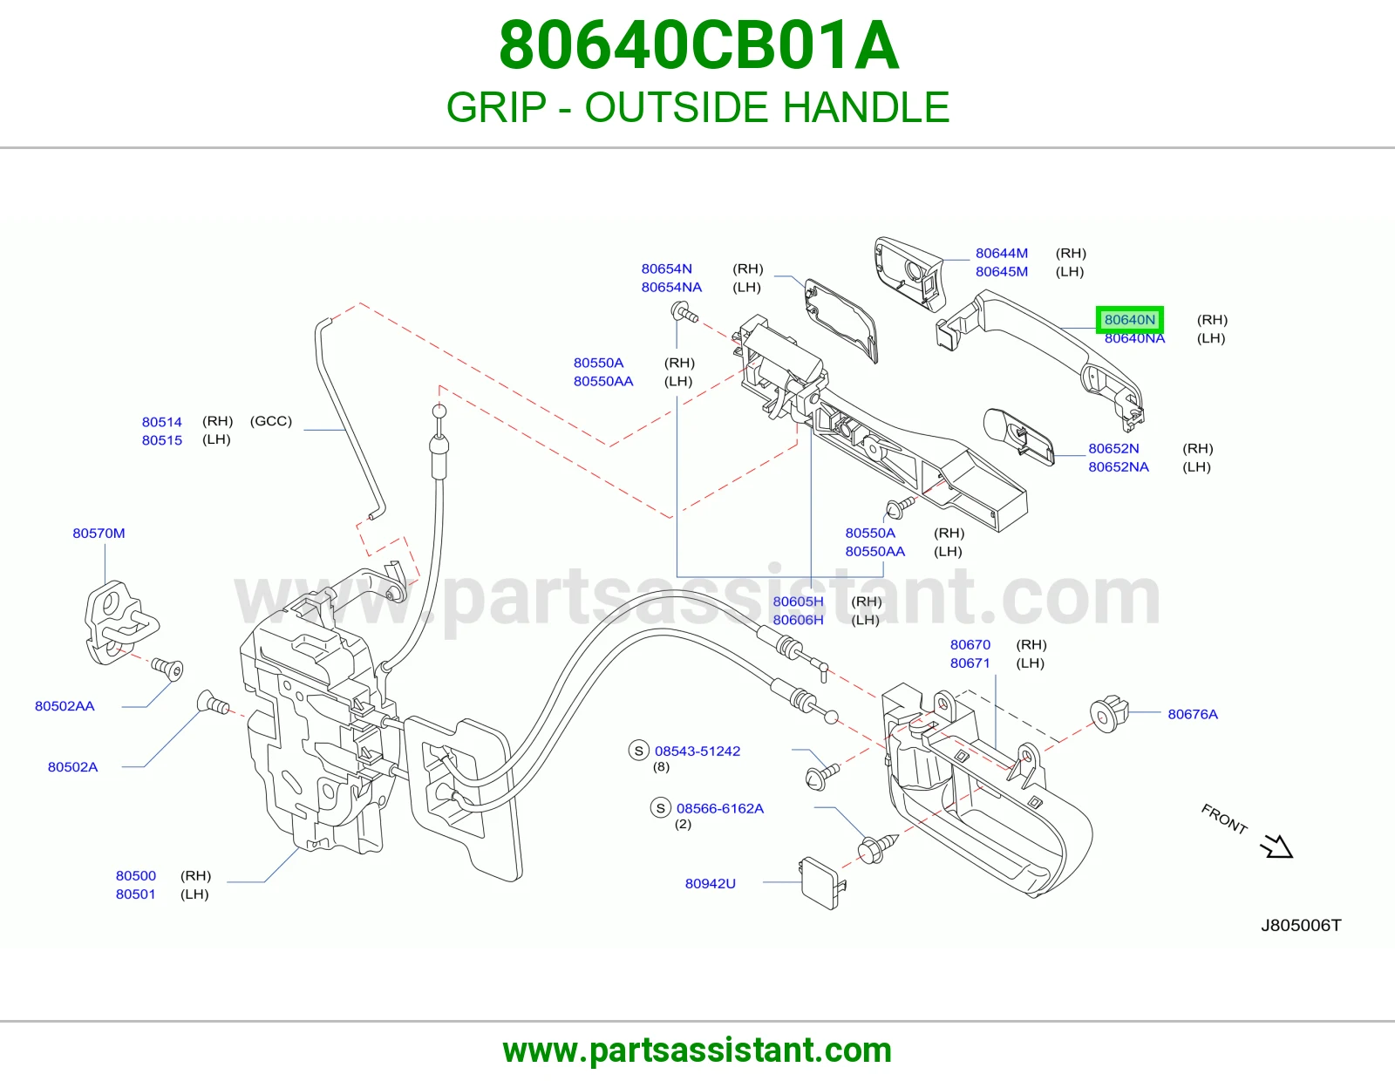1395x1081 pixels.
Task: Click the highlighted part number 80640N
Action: pyautogui.click(x=1129, y=320)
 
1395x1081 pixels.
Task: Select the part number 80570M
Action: pyautogui.click(x=99, y=533)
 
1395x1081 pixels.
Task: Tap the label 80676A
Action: pyautogui.click(x=1192, y=714)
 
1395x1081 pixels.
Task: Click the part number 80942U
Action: pyautogui.click(x=710, y=883)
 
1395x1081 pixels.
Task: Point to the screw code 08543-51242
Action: pyautogui.click(x=697, y=751)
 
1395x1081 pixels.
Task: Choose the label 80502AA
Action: pyautogui.click(x=65, y=706)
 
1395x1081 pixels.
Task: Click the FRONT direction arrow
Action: pyautogui.click(x=1277, y=846)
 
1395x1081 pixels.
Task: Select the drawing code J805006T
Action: pyautogui.click(x=1301, y=925)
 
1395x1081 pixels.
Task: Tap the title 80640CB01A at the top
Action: pyautogui.click(x=698, y=45)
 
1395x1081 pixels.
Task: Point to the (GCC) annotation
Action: pyautogui.click(x=271, y=421)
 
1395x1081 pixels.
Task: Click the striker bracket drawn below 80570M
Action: pyautogui.click(x=120, y=622)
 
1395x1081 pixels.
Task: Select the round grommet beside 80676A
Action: pyautogui.click(x=1109, y=713)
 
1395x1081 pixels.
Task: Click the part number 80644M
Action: pyautogui.click(x=1002, y=253)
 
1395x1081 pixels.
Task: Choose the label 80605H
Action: pyautogui.click(x=798, y=602)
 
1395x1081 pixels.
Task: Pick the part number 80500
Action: pyautogui.click(x=135, y=875)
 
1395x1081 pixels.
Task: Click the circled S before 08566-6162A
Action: pyautogui.click(x=661, y=807)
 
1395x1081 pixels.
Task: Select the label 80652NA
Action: pyautogui.click(x=1119, y=466)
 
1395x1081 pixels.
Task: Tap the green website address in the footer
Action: pyautogui.click(x=697, y=1050)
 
